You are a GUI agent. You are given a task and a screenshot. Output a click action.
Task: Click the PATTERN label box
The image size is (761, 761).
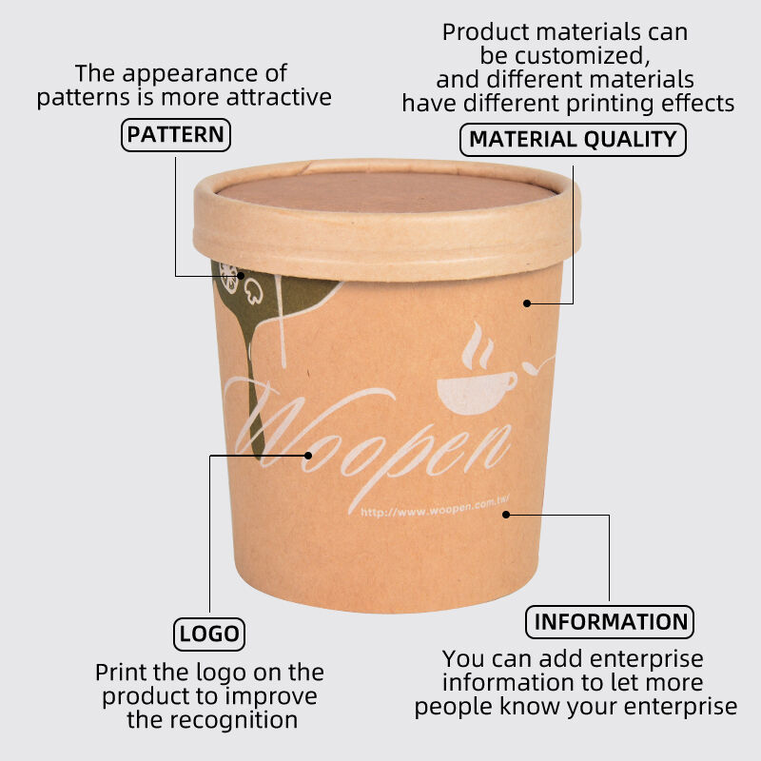point(176,135)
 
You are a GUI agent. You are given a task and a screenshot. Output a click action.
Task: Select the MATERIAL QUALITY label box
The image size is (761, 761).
point(573,139)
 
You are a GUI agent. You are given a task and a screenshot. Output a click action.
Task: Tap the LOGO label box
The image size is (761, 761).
point(209,634)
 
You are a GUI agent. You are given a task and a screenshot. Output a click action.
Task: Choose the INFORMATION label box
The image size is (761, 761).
point(610,622)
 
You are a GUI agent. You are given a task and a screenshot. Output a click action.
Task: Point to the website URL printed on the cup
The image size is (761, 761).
point(435,508)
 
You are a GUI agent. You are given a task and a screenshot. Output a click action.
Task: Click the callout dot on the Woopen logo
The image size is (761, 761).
point(307,456)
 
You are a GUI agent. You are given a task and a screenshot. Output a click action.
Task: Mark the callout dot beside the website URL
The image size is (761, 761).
point(506,515)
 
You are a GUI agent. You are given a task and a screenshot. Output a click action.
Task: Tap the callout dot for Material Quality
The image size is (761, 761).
point(527,303)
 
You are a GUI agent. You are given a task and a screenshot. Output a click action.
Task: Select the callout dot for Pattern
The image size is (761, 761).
point(241,276)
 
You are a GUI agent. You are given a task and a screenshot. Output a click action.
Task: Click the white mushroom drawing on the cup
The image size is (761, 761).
point(253,292)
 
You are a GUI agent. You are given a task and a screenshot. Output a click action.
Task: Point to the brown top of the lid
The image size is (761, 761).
point(386,191)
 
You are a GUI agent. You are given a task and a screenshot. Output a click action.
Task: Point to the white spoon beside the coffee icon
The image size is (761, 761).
point(537,366)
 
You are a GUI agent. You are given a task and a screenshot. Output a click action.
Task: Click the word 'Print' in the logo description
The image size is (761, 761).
point(121,673)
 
